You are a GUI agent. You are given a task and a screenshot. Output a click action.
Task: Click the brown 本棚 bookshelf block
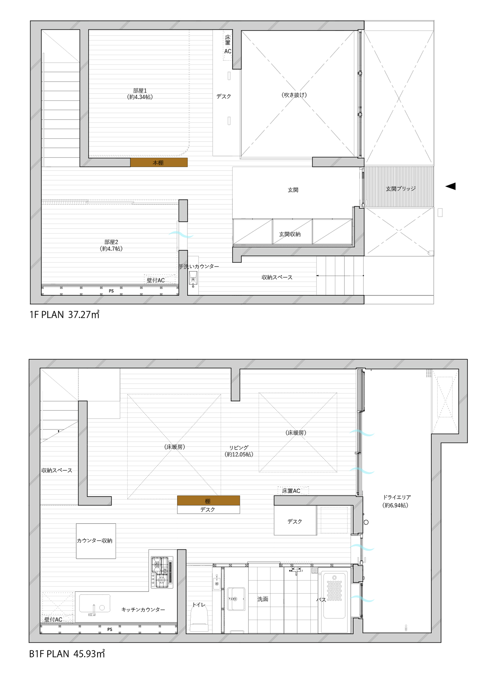click(x=159, y=162)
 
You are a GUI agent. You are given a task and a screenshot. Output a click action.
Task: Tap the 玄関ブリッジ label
click(x=401, y=189)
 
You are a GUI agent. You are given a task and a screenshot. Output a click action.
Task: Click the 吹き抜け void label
click(x=294, y=95)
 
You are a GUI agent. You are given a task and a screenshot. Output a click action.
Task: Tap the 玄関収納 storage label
click(x=290, y=234)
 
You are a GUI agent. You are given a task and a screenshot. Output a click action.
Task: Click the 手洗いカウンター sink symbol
click(x=193, y=278)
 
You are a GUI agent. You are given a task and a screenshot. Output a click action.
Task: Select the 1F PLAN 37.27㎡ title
click(x=64, y=314)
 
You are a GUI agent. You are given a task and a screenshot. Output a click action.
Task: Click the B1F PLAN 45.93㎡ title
click(x=67, y=654)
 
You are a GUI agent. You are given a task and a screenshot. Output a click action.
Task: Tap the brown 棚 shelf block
click(x=209, y=500)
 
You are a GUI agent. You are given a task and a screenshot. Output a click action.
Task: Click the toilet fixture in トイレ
click(x=199, y=618)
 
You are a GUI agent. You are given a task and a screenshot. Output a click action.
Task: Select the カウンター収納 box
click(x=96, y=541)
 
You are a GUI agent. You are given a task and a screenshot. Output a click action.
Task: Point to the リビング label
click(x=239, y=448)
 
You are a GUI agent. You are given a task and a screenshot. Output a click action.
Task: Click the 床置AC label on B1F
click(x=291, y=491)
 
